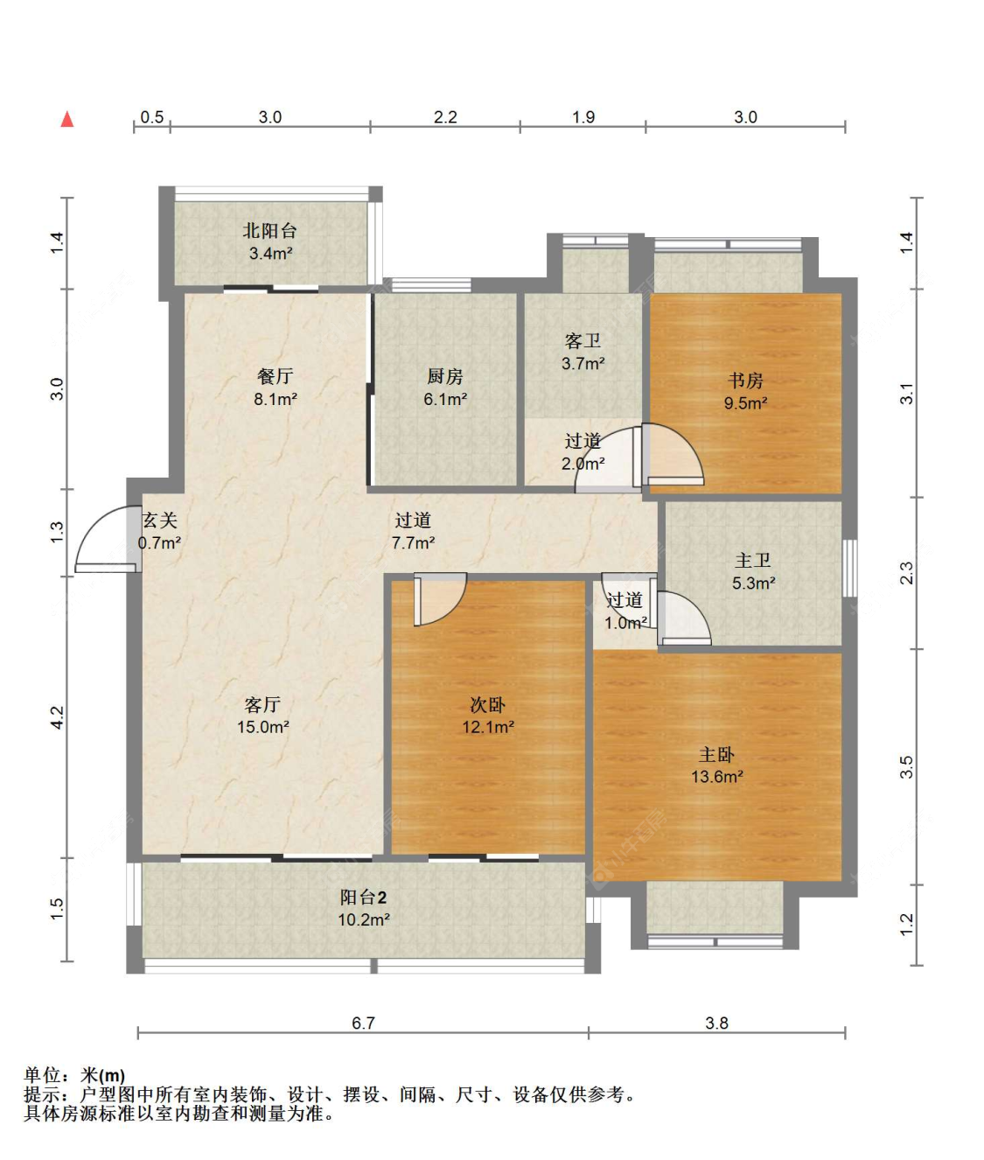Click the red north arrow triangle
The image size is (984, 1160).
pyautogui.click(x=67, y=120)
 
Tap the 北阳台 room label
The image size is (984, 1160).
pyautogui.click(x=269, y=231)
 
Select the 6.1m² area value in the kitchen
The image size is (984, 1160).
pyautogui.click(x=445, y=399)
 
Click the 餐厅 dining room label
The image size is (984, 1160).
pyautogui.click(x=275, y=376)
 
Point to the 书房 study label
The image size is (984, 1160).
pyautogui.click(x=745, y=381)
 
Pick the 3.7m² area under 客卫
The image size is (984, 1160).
pyautogui.click(x=583, y=364)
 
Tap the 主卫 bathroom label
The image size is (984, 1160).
pyautogui.click(x=753, y=560)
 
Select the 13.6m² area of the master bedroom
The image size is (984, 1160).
pyautogui.click(x=717, y=777)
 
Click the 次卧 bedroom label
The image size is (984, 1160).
pyautogui.click(x=487, y=704)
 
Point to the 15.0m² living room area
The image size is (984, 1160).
pyautogui.click(x=263, y=727)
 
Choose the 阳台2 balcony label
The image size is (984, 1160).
pyautogui.click(x=364, y=898)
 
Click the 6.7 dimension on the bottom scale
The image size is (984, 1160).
pyautogui.click(x=363, y=1023)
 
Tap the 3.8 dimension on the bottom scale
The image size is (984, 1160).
pyautogui.click(x=717, y=1023)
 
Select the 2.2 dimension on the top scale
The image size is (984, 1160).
pyautogui.click(x=445, y=117)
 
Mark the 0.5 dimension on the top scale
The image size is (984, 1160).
pyautogui.click(x=151, y=117)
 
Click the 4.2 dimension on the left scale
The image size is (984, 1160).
pyautogui.click(x=58, y=717)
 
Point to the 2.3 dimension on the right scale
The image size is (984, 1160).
pyautogui.click(x=906, y=573)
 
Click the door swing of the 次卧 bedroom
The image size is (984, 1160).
pyautogui.click(x=440, y=599)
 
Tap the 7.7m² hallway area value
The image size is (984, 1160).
pyautogui.click(x=414, y=542)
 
